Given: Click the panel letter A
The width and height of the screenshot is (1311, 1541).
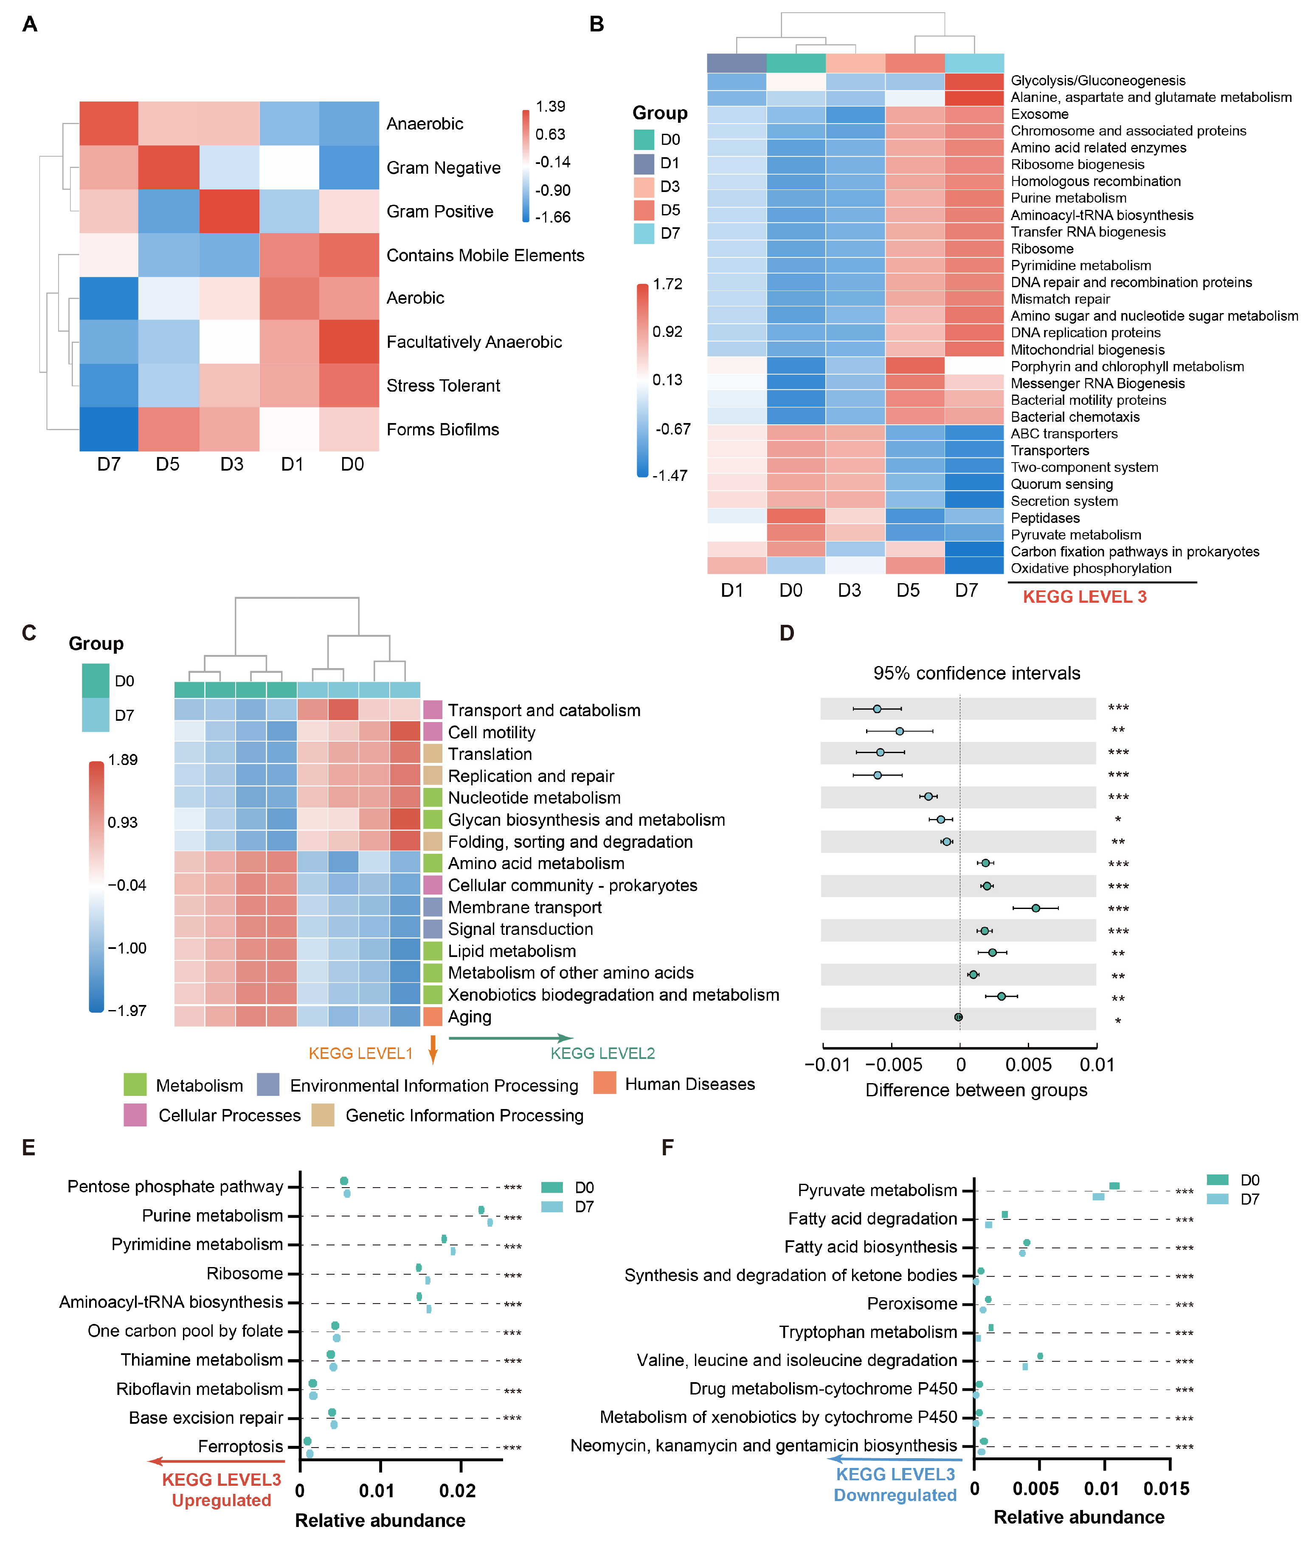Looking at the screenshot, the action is pos(30,25).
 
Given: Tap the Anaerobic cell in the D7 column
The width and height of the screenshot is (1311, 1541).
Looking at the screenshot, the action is pos(109,124).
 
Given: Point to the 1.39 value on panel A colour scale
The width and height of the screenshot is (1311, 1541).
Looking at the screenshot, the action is pos(550,106).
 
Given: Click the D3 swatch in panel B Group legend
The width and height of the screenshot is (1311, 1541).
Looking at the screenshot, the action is pos(644,186).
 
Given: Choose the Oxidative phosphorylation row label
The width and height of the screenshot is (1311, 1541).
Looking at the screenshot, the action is pos(1090,569).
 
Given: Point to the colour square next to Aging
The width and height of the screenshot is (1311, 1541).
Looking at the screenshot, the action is pos(433,1017).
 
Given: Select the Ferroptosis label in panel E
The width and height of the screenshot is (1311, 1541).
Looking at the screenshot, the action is pos(240,1447).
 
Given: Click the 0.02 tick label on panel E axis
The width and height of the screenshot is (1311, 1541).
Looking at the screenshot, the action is pos(457,1490).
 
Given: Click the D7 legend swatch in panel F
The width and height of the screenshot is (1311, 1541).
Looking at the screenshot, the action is pos(1217,1199).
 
